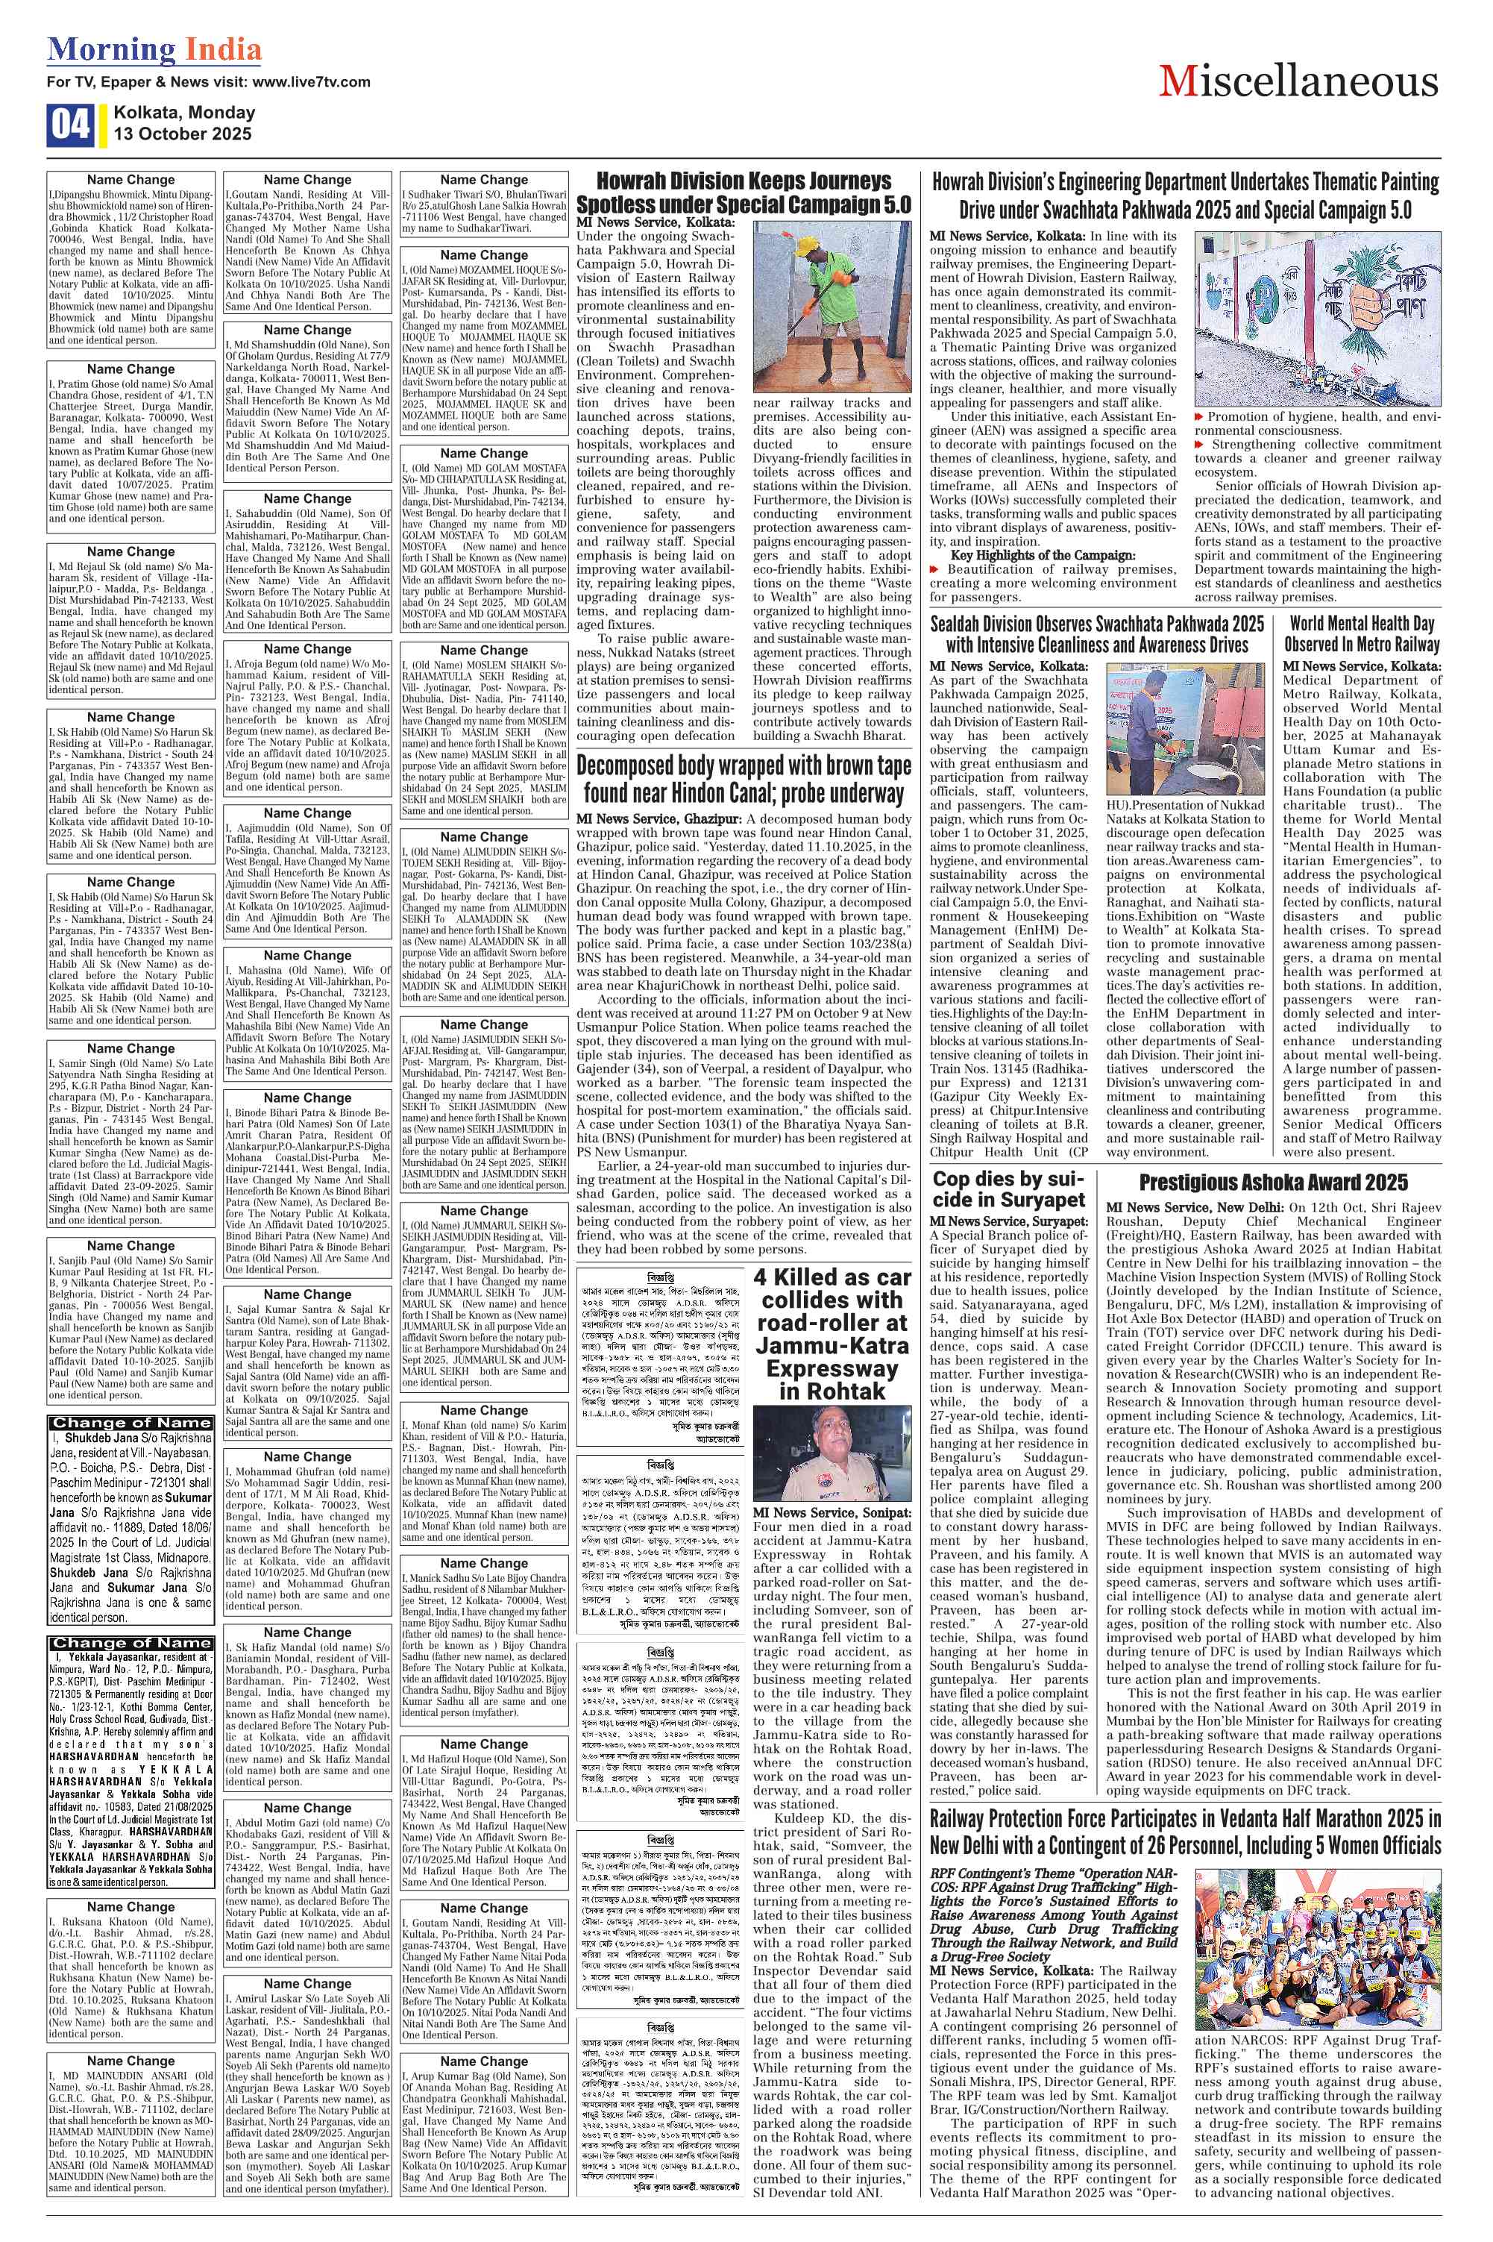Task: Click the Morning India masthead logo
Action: (154, 48)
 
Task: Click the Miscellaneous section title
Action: (1298, 82)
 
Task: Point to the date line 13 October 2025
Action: (182, 134)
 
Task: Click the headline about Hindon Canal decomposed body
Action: (743, 779)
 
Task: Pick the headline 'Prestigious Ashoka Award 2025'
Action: (1273, 1182)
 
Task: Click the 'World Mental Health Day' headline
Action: (1362, 633)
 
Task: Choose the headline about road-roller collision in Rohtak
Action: (832, 1333)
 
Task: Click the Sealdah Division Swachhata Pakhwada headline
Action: (1097, 633)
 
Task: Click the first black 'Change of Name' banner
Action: (131, 1423)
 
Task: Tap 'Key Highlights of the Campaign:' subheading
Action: (1043, 555)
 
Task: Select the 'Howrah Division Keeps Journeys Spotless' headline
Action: (743, 192)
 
